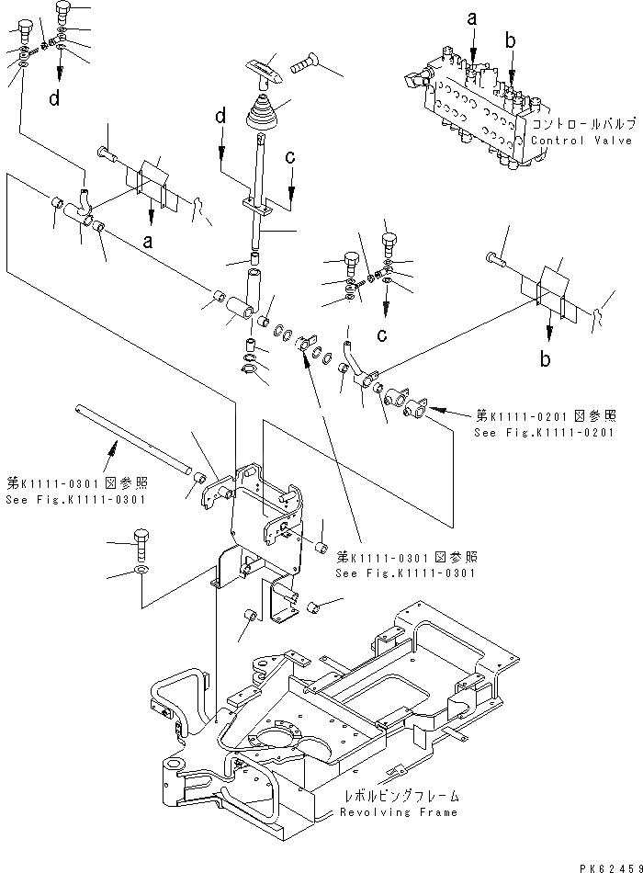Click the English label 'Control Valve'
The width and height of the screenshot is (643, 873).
582,141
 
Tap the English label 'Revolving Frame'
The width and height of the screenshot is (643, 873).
398,813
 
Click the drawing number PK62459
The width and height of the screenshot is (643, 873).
606,864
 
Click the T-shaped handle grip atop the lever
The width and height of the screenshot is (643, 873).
263,71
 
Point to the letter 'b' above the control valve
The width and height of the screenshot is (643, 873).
510,40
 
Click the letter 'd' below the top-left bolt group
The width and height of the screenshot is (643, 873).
55,98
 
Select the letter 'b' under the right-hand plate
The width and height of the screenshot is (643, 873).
546,360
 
